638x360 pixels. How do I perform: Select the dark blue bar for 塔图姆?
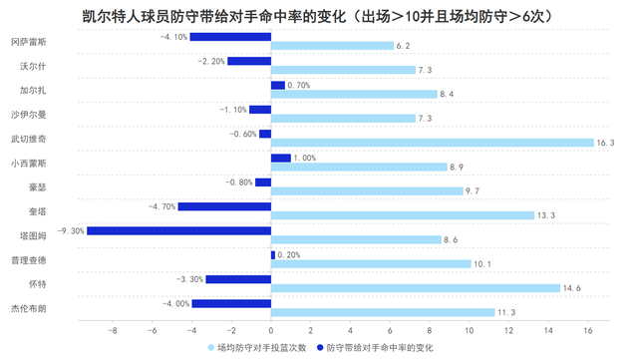click(178, 230)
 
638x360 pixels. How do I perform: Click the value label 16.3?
click(607, 143)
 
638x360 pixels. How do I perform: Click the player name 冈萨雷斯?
click(27, 42)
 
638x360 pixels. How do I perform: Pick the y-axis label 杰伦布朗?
click(27, 308)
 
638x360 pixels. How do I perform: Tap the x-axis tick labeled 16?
click(588, 331)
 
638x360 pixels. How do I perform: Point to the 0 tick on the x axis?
click(271, 331)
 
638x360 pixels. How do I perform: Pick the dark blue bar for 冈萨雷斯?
click(230, 37)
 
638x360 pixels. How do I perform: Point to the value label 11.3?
click(507, 312)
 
